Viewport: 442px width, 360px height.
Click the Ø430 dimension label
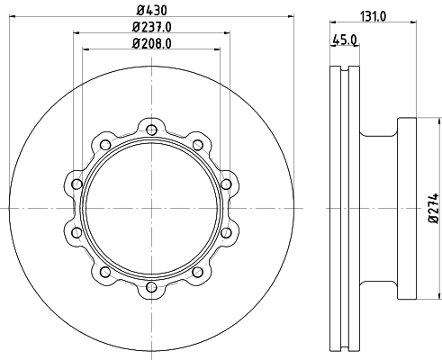point(152,11)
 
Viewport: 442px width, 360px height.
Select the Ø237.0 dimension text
point(152,27)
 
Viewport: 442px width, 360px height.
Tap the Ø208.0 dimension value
point(152,44)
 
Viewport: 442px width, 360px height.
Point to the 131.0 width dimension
point(373,16)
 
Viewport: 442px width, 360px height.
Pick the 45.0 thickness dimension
point(345,40)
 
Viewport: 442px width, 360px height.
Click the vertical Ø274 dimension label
point(434,208)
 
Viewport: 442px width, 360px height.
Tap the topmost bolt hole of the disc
point(151,130)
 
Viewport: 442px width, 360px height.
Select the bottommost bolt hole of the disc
point(151,287)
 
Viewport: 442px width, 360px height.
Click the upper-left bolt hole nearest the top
point(105,145)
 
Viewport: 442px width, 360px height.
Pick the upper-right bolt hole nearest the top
point(197,145)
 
